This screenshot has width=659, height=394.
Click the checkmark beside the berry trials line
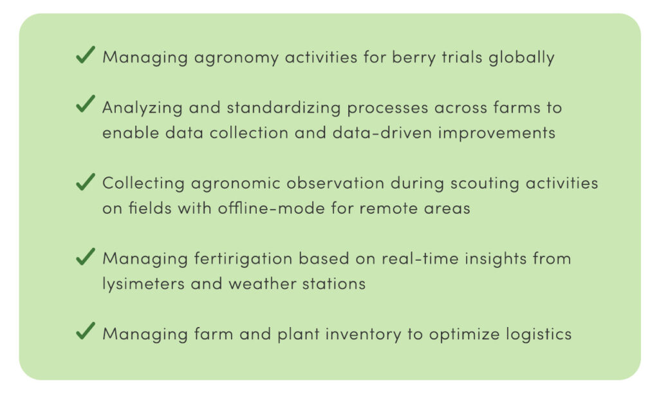[x=86, y=55]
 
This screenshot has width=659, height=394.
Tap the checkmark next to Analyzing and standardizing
[x=86, y=104]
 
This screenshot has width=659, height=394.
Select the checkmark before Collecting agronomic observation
[x=86, y=182]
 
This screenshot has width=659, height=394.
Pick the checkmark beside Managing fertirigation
[x=86, y=256]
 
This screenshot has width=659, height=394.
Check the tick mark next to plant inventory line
[x=86, y=331]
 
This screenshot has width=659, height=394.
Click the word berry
[x=414, y=58]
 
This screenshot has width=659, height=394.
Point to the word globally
[x=521, y=58]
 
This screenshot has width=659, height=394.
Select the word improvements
[x=497, y=133]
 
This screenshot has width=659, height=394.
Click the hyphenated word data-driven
[x=382, y=133]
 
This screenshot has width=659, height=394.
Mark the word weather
[x=263, y=284]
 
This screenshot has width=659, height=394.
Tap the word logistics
[x=539, y=335]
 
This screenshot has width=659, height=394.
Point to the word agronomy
[x=236, y=58]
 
